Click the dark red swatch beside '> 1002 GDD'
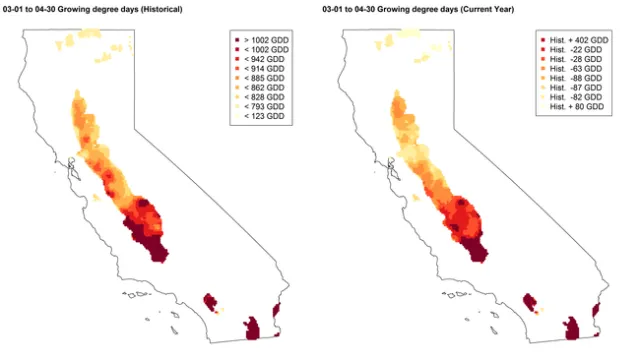click(x=237, y=39)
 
